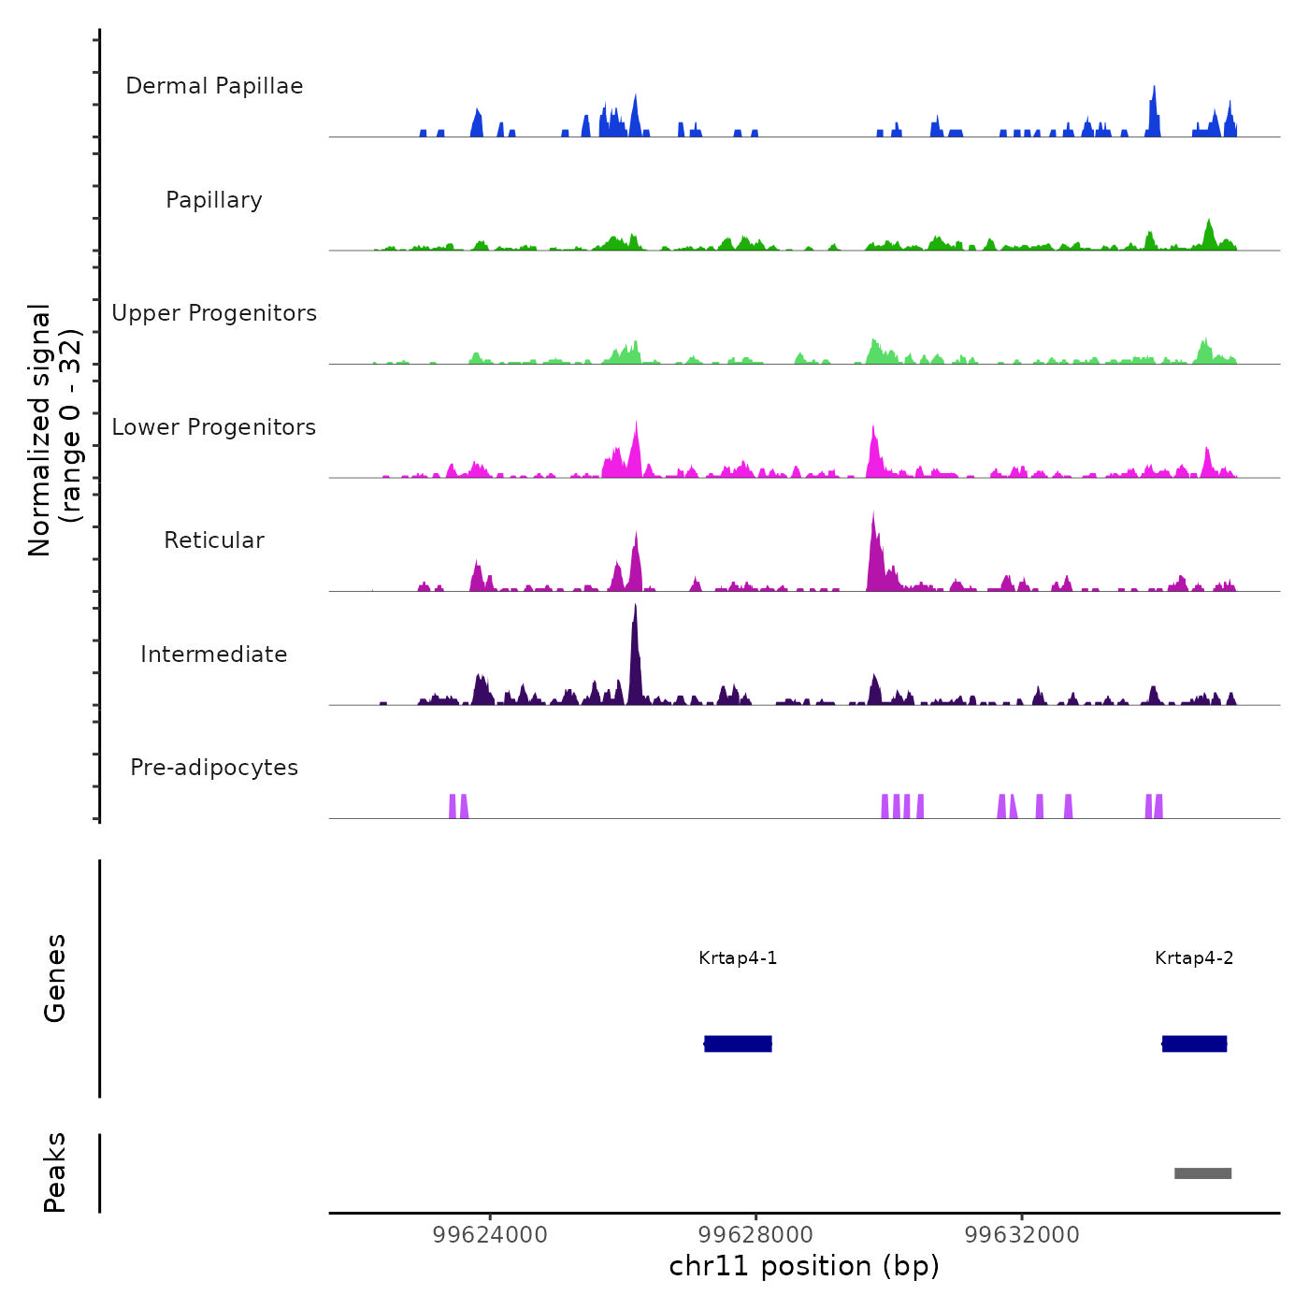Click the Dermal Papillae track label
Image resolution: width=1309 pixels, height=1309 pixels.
point(214,86)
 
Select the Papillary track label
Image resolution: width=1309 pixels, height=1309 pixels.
point(214,200)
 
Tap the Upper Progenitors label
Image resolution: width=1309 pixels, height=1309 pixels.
point(214,313)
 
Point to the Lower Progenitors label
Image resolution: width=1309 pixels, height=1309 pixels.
point(214,427)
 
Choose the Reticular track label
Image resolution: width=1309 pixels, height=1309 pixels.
point(214,540)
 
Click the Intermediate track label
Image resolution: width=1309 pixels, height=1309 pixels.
point(214,654)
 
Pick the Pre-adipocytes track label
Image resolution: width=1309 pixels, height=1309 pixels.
point(214,768)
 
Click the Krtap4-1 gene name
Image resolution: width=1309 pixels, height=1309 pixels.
point(738,958)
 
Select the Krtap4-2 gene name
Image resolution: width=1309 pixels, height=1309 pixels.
point(1194,958)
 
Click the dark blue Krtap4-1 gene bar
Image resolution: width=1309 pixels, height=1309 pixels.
point(738,1043)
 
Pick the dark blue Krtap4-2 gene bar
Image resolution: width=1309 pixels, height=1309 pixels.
point(1194,1043)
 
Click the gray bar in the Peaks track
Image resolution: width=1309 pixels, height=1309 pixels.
point(1203,1173)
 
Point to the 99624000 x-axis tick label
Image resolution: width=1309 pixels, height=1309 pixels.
point(490,1235)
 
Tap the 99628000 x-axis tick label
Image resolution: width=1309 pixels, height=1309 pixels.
point(755,1235)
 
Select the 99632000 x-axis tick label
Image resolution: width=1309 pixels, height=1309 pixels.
point(1022,1235)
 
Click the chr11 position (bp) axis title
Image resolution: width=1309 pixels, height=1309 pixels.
point(804,1266)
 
